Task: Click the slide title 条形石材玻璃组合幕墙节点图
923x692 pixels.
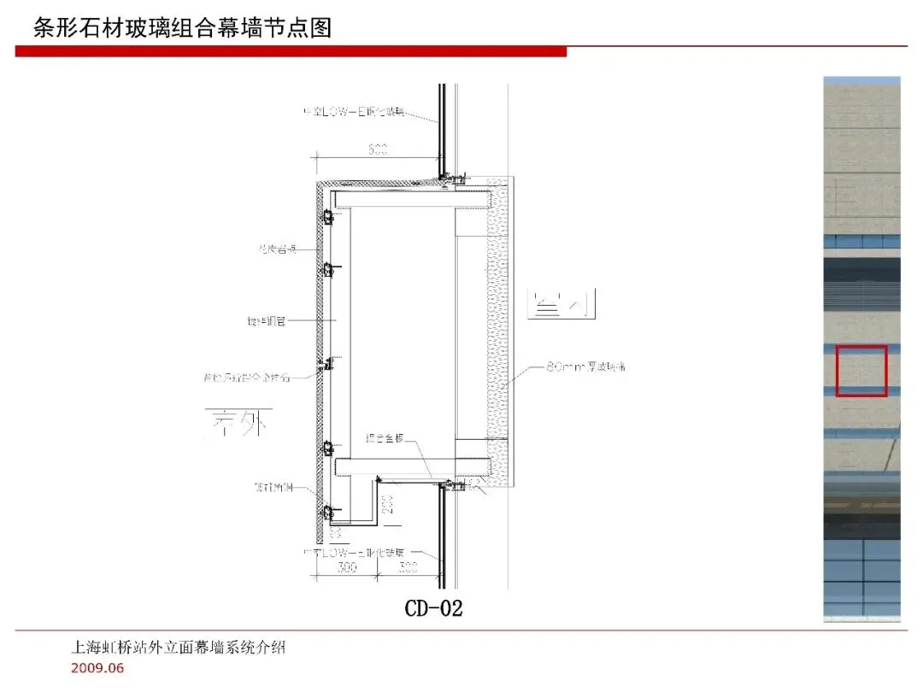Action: coord(182,27)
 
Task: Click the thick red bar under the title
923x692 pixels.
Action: coord(291,52)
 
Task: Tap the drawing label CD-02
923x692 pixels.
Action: coord(433,608)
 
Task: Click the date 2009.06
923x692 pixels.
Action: coord(97,668)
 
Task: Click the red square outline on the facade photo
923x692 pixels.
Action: coord(861,371)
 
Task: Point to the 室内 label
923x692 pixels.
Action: coord(561,305)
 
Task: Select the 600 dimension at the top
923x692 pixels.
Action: coord(378,150)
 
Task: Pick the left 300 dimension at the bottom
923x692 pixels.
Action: coord(346,568)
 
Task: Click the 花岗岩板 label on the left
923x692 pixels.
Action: coord(276,249)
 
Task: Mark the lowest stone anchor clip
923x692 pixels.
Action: coord(327,513)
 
